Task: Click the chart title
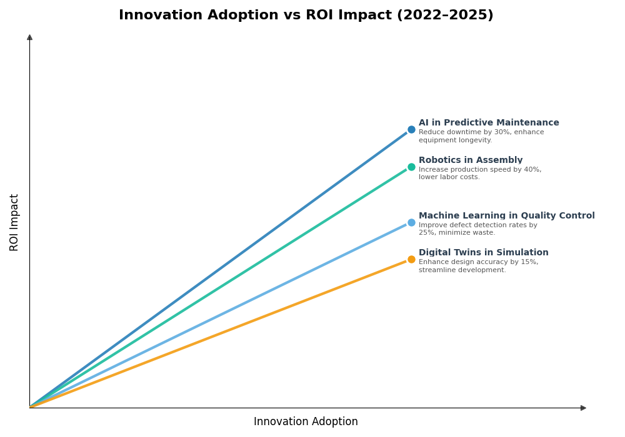[x=306, y=16]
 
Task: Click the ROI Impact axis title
[x=14, y=222]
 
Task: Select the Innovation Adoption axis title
[x=306, y=422]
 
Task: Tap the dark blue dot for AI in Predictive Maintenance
[x=411, y=130]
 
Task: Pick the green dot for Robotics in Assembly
[x=411, y=167]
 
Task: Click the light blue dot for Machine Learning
[x=411, y=222]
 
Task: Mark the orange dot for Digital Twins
[x=411, y=259]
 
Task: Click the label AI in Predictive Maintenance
[x=489, y=123]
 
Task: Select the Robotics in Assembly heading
[x=471, y=160]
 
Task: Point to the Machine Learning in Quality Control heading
[x=506, y=216]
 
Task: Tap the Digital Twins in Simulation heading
[x=483, y=253]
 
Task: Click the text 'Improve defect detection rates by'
[x=477, y=225]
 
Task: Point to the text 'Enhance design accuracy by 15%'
[x=478, y=262]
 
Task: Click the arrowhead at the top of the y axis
[x=29, y=37]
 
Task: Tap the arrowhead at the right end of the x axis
[x=583, y=408]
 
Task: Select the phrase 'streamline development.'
[x=462, y=270]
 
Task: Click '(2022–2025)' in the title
[x=445, y=16]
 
